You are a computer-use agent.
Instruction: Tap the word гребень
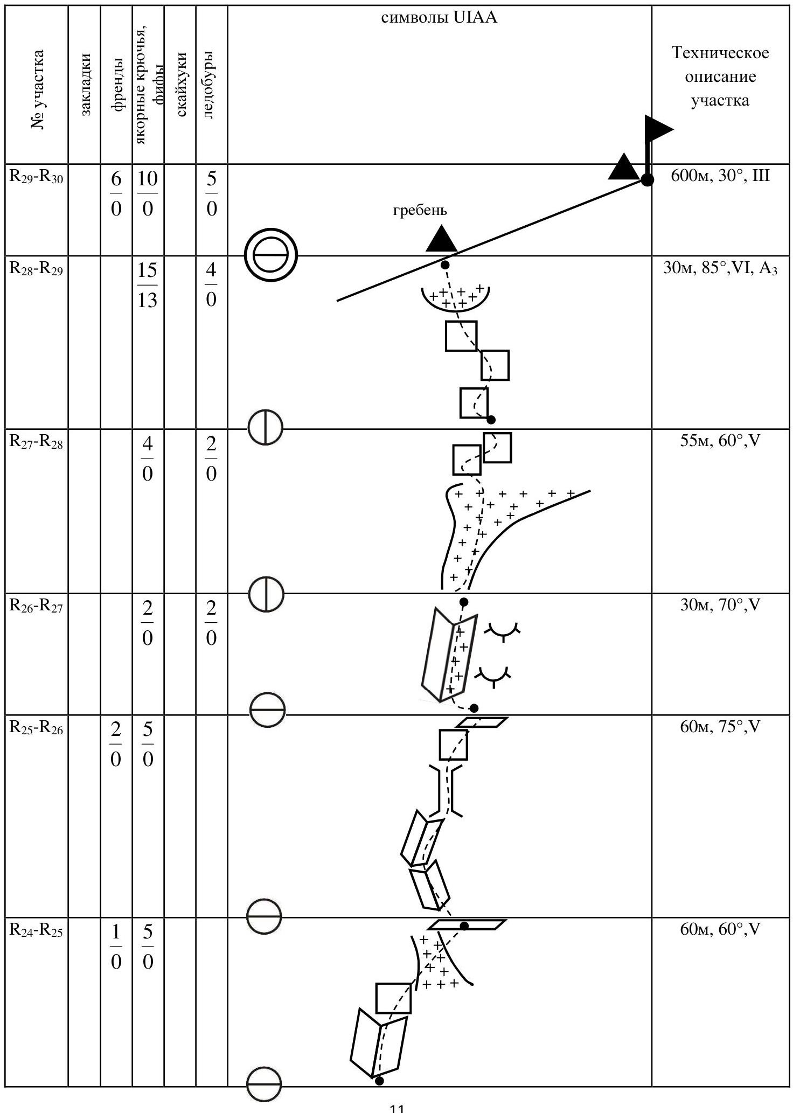(420, 210)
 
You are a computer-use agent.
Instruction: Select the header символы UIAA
(439, 18)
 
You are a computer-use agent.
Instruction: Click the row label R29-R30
(36, 177)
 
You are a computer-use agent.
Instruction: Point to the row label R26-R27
(36, 607)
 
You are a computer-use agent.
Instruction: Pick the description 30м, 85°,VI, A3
(720, 268)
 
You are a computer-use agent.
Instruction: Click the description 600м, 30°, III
(720, 176)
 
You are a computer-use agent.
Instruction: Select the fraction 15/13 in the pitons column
(147, 285)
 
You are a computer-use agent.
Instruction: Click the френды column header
(117, 85)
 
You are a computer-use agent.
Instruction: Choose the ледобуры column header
(210, 85)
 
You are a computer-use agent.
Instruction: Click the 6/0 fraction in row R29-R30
(116, 194)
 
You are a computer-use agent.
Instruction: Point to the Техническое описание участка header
(720, 76)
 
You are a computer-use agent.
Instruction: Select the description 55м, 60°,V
(720, 441)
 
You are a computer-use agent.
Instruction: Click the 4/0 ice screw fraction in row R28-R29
(211, 285)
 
